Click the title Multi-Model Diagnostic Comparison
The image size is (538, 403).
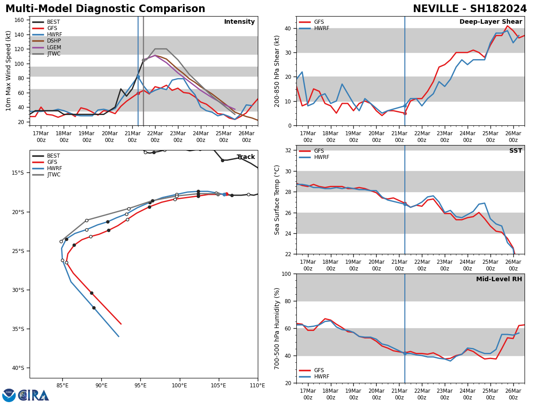tap(105, 9)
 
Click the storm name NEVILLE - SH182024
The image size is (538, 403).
tap(469, 9)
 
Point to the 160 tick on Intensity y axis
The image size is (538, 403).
tap(19, 20)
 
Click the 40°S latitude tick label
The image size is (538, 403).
tap(17, 368)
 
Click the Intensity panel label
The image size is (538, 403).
tap(239, 22)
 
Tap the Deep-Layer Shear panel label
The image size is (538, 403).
tap(490, 22)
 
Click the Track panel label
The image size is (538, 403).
tap(245, 157)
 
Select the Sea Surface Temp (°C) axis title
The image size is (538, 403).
tap(278, 200)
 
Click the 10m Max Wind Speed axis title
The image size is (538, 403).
tap(9, 71)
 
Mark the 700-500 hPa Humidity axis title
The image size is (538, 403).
tap(278, 328)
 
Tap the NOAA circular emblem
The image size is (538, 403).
tap(9, 395)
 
